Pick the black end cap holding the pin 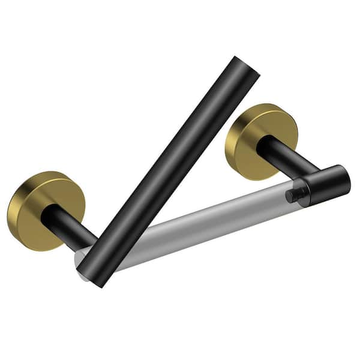(x=321, y=185)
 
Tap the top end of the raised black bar (x=247, y=65)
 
